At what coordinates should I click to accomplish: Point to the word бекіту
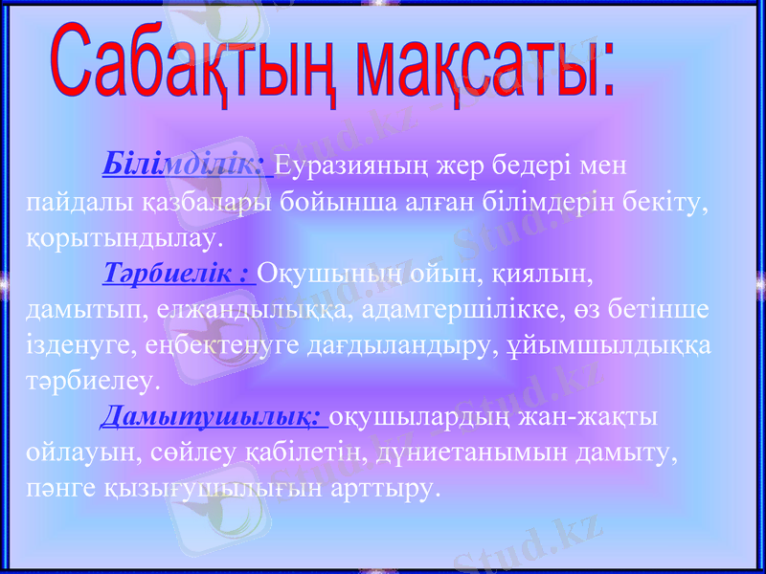pyautogui.click(x=671, y=202)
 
